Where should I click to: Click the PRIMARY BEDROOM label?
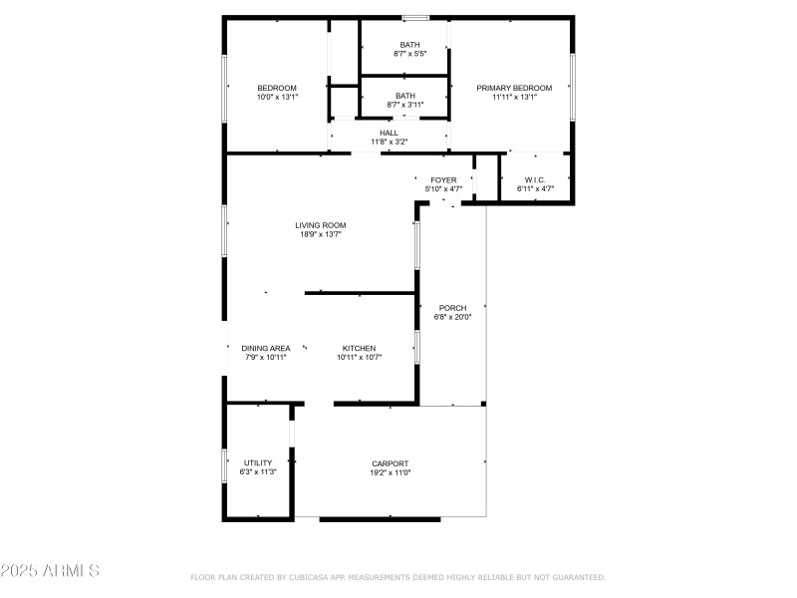(x=513, y=88)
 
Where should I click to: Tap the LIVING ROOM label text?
(x=321, y=225)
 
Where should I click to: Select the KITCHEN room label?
(x=359, y=348)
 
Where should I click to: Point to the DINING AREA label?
(x=266, y=348)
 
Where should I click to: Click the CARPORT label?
(x=390, y=463)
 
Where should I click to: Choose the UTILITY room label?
(x=258, y=463)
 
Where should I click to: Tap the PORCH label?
(x=452, y=308)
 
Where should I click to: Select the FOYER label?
(x=443, y=179)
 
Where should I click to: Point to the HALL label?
(x=389, y=133)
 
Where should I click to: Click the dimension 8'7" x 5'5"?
(x=409, y=54)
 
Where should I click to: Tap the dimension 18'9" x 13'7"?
(x=321, y=235)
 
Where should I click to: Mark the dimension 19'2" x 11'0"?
(x=390, y=473)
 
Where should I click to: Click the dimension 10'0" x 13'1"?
(x=277, y=98)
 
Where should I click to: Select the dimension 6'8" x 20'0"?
(x=452, y=318)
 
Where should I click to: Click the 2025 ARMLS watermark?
(x=50, y=571)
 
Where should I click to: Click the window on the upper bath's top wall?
(x=415, y=17)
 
